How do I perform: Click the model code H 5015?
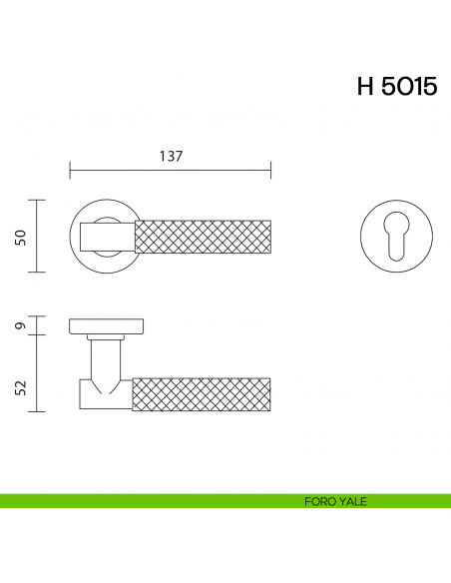(396, 87)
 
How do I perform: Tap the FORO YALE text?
(335, 501)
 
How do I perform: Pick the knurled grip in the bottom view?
(203, 392)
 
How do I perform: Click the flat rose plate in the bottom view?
(107, 325)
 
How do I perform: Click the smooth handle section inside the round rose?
(107, 236)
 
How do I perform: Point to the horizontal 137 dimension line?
(171, 170)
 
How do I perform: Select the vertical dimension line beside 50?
(38, 236)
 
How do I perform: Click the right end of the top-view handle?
(270, 236)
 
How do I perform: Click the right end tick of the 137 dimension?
(271, 170)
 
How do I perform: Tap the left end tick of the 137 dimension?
(70, 170)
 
